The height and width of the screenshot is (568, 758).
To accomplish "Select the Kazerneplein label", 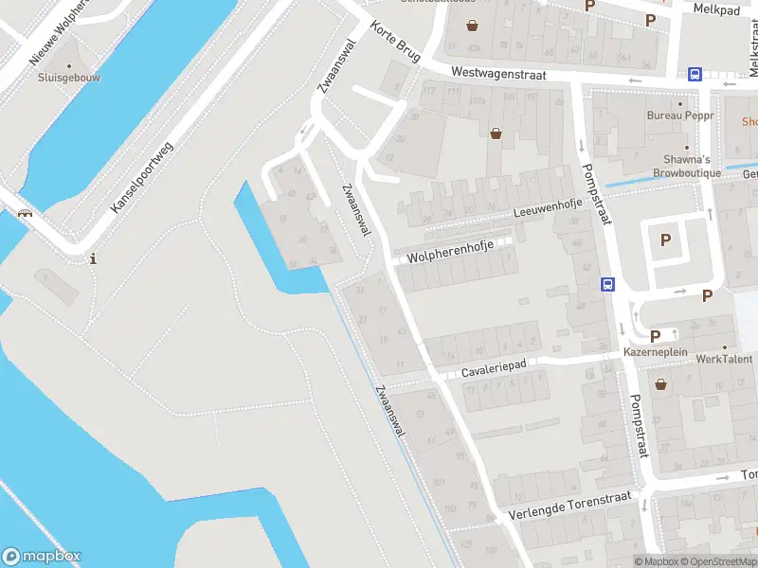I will tap(655, 352).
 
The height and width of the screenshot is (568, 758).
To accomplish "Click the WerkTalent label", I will tap(724, 359).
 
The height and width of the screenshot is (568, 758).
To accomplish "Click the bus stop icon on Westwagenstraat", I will tap(695, 75).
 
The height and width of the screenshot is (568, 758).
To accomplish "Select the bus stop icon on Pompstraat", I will tap(607, 283).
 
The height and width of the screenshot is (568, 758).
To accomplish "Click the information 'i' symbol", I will tap(93, 258).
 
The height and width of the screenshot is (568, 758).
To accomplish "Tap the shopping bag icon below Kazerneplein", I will tap(659, 383).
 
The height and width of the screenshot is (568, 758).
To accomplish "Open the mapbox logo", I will tap(41, 556).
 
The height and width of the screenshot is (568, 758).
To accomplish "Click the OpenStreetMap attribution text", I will tap(716, 561).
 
